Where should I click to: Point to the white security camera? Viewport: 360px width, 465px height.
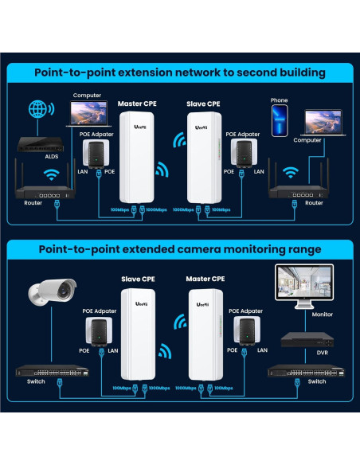pyautogui.click(x=52, y=294)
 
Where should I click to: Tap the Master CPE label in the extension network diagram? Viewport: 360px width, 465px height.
pyautogui.click(x=140, y=104)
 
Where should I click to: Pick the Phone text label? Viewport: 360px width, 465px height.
pyautogui.click(x=279, y=101)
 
